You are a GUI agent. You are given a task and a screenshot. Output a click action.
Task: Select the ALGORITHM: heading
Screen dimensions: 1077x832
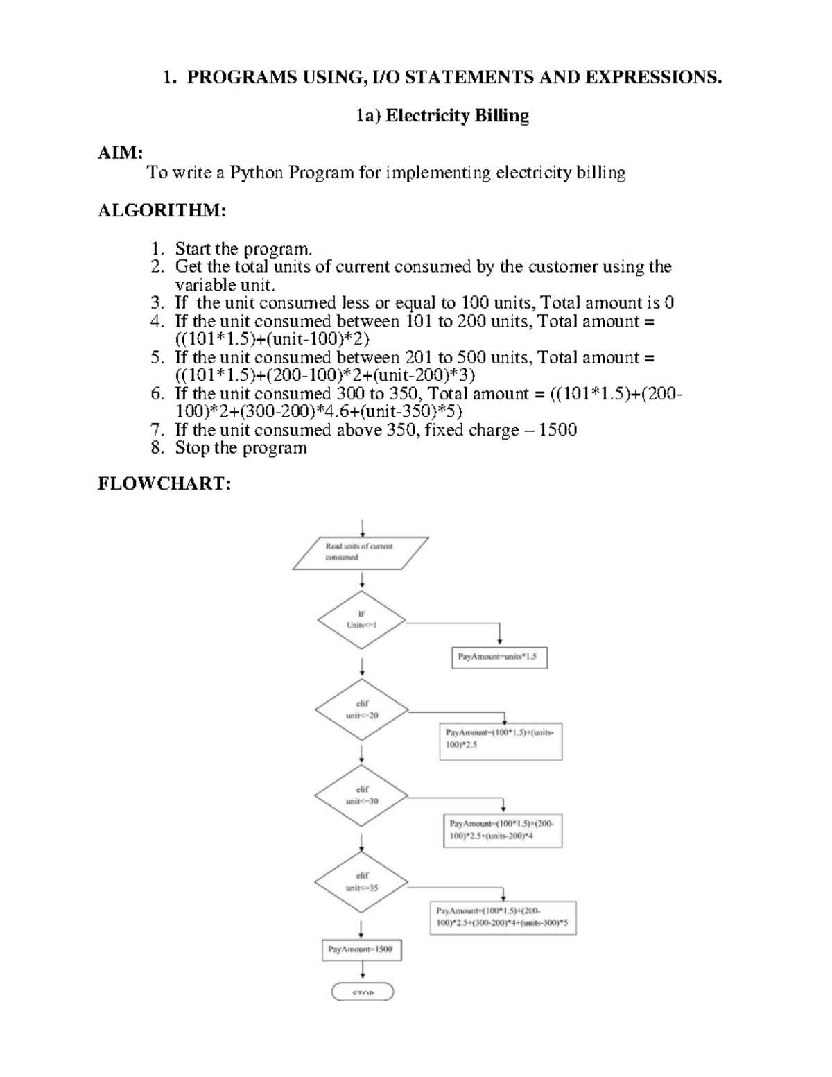162,211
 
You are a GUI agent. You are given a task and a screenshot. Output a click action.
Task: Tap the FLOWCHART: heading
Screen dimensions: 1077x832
164,483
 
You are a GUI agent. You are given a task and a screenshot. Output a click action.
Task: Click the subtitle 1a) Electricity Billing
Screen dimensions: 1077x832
442,116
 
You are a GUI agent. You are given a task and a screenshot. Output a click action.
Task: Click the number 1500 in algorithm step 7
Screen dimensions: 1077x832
557,430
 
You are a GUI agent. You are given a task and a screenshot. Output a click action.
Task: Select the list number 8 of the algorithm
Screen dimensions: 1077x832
157,448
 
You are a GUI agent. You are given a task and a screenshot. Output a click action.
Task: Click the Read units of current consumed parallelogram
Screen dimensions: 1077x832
360,553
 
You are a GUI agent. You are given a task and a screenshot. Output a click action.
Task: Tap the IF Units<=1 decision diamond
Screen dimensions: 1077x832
361,620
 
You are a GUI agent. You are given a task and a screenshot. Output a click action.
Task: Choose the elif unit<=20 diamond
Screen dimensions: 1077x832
361,710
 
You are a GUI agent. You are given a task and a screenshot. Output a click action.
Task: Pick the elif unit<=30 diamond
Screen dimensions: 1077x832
361,795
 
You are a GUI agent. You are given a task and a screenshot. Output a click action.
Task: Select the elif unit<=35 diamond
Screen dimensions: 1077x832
361,882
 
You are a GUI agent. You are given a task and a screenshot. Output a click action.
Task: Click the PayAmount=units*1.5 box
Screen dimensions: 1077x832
499,656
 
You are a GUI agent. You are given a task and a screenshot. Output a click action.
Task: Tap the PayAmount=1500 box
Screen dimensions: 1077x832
362,949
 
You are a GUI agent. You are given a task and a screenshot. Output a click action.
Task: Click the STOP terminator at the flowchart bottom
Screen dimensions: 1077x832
363,992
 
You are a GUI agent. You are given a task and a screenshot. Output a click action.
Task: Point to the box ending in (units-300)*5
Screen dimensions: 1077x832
503,917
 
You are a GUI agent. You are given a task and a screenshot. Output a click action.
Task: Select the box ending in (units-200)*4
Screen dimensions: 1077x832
502,830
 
